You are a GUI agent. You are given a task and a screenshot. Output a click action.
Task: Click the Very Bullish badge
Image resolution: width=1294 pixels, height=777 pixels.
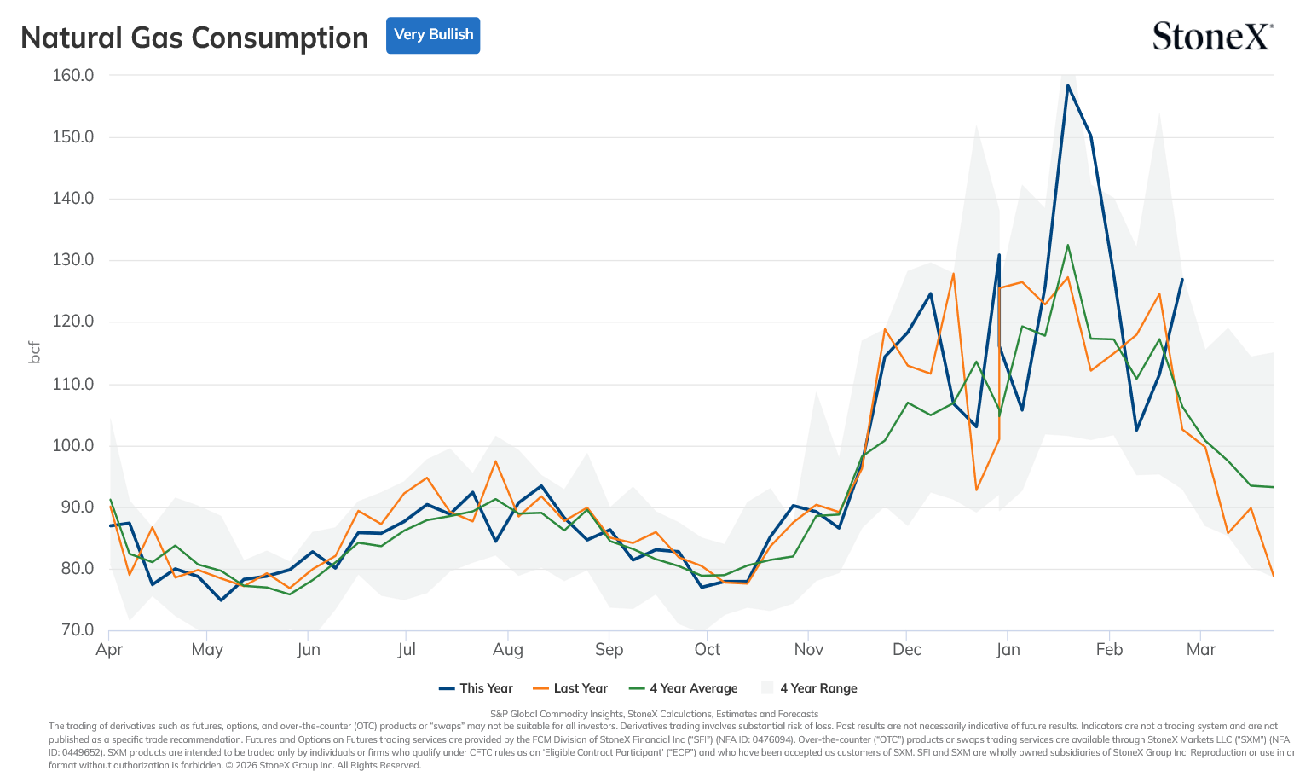(x=433, y=35)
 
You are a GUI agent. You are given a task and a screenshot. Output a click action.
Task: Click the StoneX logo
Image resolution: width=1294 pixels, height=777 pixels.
(x=1212, y=36)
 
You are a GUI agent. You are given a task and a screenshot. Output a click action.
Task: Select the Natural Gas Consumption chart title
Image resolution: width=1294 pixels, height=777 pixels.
(x=194, y=38)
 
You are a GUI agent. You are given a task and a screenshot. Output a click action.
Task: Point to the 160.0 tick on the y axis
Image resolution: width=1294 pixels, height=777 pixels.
(x=72, y=75)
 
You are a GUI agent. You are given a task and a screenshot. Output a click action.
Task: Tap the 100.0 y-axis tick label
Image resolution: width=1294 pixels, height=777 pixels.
(x=72, y=446)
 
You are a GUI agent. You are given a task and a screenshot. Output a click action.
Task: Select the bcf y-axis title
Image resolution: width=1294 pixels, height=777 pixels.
(x=34, y=352)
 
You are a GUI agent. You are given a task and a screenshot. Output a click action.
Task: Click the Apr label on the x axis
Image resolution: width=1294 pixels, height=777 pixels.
(x=109, y=649)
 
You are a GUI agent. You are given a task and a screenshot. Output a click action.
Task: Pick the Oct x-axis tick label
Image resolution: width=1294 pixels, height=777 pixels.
(x=707, y=649)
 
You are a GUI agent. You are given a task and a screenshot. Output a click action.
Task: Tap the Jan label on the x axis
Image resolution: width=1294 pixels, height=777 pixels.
(x=1008, y=649)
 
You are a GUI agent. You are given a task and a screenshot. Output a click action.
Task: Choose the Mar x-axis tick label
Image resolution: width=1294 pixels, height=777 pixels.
(x=1200, y=649)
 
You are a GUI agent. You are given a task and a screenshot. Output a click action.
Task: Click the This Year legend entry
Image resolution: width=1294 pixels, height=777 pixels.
(x=476, y=688)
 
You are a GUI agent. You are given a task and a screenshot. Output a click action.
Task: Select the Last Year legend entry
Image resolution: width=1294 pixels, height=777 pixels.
(x=570, y=688)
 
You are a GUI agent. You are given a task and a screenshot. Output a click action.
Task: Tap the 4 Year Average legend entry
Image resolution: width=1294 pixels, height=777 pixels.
(x=683, y=688)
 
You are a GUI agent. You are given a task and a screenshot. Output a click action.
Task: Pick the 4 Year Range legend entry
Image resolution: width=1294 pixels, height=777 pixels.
(x=809, y=688)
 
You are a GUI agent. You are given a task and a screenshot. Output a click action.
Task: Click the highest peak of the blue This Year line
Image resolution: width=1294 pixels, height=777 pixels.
(x=1067, y=85)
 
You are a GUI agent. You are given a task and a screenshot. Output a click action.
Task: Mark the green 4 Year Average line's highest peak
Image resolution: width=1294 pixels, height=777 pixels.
(x=1067, y=245)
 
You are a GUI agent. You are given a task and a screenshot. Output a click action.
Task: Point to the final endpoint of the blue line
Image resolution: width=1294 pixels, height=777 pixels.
(x=1182, y=279)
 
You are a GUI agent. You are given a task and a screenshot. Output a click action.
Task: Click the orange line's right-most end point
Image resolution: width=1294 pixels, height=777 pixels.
(x=1274, y=576)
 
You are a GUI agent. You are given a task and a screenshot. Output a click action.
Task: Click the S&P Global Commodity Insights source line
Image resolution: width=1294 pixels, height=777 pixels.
(x=654, y=714)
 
